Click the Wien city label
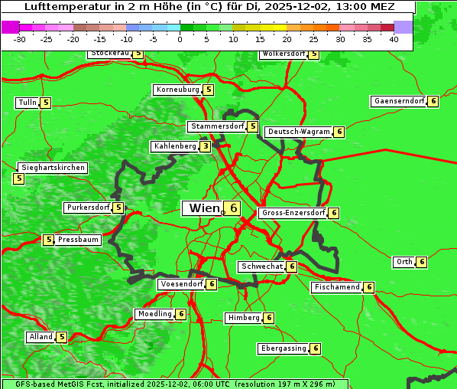point(204,208)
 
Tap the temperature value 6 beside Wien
point(233,208)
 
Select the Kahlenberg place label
point(175,146)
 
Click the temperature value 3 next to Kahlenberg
point(206,146)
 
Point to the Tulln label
point(27,103)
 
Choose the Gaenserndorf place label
point(398,101)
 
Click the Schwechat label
point(261,266)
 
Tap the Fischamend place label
point(335,287)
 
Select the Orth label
point(404,262)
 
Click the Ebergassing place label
point(283,348)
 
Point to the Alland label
point(41,337)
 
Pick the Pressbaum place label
point(79,240)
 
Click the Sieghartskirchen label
point(53,168)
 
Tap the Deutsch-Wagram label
point(299,132)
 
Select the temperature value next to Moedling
point(181,314)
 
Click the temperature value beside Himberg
point(269,318)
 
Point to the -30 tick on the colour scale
point(20,38)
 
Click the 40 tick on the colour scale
point(394,38)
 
